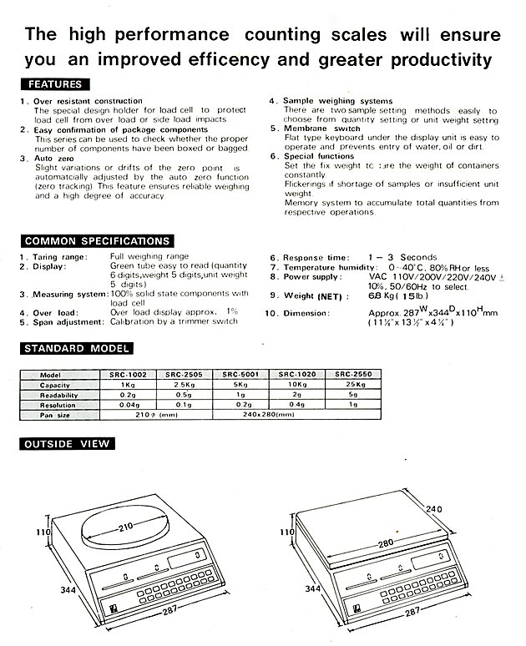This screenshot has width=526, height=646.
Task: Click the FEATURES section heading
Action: click(x=55, y=84)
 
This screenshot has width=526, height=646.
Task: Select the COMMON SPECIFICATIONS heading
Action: click(x=97, y=241)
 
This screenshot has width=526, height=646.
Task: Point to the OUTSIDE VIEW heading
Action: click(x=67, y=444)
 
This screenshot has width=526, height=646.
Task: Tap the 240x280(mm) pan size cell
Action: click(x=268, y=415)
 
